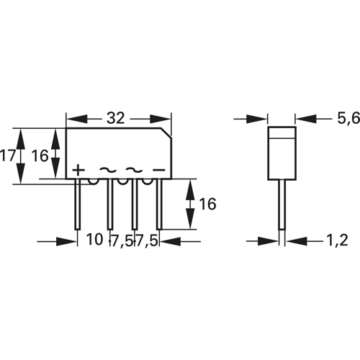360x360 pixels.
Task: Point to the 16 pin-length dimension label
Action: [x=207, y=204]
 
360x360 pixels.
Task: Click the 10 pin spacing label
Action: [x=95, y=240]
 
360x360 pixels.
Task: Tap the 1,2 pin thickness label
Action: [x=336, y=240]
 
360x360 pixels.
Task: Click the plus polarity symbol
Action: [x=78, y=170]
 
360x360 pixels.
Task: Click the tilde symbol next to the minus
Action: [x=134, y=170]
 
